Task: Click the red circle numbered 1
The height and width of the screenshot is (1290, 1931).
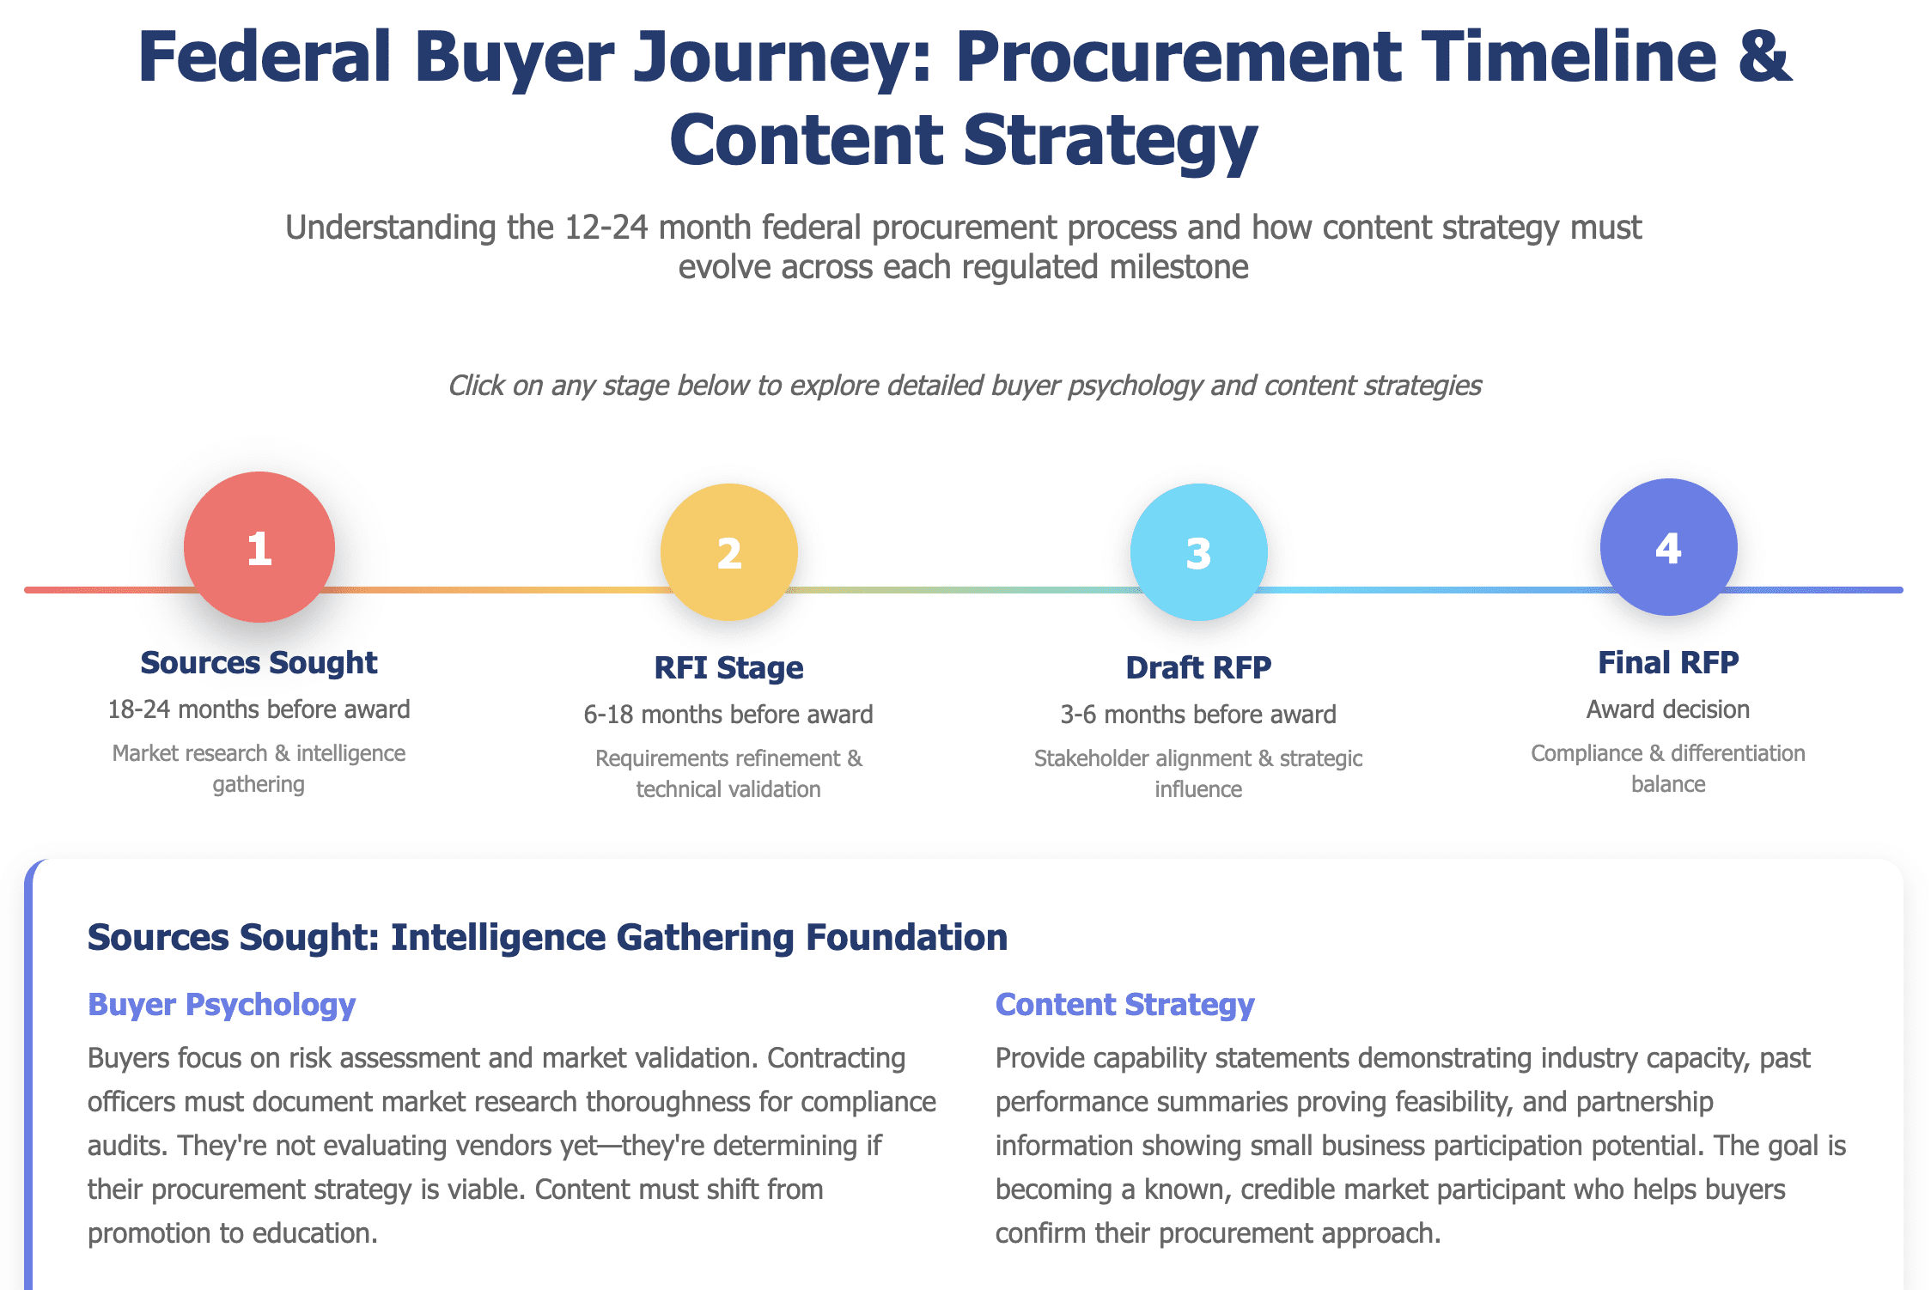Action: pyautogui.click(x=259, y=547)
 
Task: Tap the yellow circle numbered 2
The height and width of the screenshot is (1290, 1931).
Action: pyautogui.click(x=728, y=552)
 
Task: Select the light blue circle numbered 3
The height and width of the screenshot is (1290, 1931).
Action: pyautogui.click(x=1198, y=552)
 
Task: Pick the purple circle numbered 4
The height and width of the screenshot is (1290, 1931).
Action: pyautogui.click(x=1668, y=547)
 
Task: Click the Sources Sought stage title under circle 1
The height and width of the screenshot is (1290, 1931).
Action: pyautogui.click(x=259, y=662)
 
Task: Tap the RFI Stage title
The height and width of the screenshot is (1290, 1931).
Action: pyautogui.click(x=728, y=667)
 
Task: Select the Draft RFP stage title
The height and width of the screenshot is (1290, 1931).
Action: pyautogui.click(x=1198, y=667)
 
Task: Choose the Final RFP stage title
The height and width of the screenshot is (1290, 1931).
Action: pyautogui.click(x=1668, y=662)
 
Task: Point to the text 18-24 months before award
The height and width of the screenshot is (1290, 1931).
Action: pyautogui.click(x=259, y=709)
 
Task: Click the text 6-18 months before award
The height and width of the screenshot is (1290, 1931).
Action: pyautogui.click(x=728, y=715)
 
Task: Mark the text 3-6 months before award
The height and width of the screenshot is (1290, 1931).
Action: pyautogui.click(x=1198, y=715)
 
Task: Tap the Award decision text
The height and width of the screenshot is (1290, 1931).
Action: pyautogui.click(x=1668, y=709)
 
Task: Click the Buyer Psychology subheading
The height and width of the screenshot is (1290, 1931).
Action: pyautogui.click(x=222, y=1004)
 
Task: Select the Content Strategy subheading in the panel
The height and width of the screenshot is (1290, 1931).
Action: pyautogui.click(x=1124, y=1004)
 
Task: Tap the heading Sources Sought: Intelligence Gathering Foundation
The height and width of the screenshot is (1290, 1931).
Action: pyautogui.click(x=547, y=937)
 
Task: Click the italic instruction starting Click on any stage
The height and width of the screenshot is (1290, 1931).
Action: pyautogui.click(x=965, y=386)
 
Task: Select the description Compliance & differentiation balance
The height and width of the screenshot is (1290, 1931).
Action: pyautogui.click(x=1668, y=768)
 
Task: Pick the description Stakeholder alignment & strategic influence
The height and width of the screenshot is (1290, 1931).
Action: pyautogui.click(x=1198, y=773)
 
